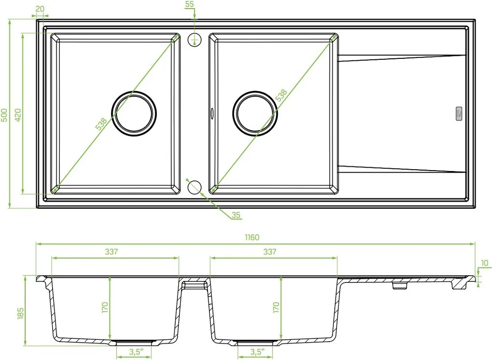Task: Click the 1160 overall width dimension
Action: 252,238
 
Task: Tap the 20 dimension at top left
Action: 40,9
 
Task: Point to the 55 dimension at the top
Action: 190,4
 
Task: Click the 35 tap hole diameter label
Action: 235,215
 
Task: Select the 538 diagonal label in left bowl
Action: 101,124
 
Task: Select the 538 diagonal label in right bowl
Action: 281,95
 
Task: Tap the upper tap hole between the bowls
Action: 194,40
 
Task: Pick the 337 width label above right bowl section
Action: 270,252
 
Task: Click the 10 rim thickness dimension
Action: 484,263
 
